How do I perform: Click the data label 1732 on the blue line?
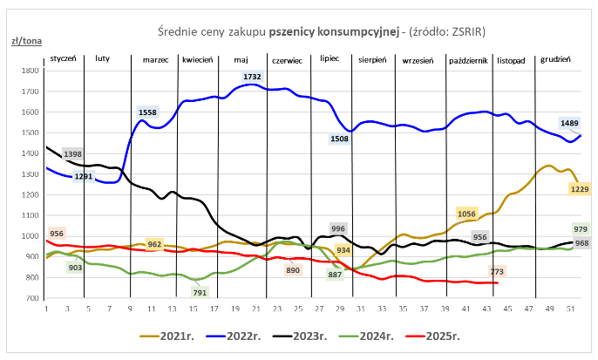tap(253, 78)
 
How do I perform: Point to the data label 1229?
tap(581, 189)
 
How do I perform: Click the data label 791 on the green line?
tap(200, 293)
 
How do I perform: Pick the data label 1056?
tap(466, 214)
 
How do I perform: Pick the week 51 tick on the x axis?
tap(569, 309)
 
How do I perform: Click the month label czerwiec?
tap(287, 60)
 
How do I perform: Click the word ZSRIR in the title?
tap(464, 31)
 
